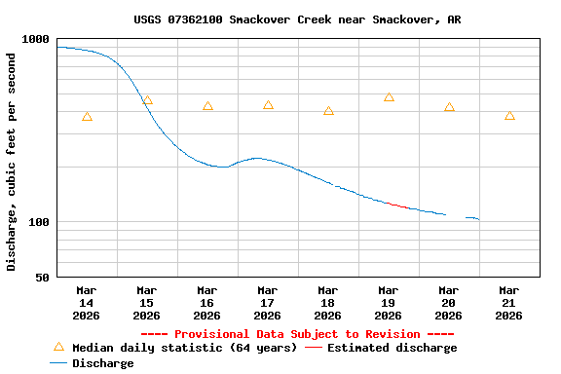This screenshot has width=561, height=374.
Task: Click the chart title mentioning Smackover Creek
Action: click(x=297, y=19)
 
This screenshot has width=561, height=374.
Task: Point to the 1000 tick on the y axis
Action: click(x=36, y=39)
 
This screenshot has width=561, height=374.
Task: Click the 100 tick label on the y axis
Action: click(x=39, y=222)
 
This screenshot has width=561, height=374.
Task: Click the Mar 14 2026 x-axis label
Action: click(x=87, y=303)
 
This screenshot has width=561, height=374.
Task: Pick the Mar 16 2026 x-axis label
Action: click(x=207, y=303)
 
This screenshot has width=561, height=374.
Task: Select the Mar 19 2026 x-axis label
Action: click(x=389, y=303)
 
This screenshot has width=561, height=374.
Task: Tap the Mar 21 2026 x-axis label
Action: click(x=509, y=303)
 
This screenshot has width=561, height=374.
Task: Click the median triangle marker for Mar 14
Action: click(x=87, y=117)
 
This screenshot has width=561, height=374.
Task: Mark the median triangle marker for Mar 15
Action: click(x=147, y=100)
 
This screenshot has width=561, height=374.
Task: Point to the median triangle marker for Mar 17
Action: click(x=268, y=105)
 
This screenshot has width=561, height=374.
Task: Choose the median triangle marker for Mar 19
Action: click(x=389, y=97)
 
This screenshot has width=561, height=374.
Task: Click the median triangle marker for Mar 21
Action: click(x=509, y=116)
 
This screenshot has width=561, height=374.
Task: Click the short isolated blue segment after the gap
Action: click(x=472, y=218)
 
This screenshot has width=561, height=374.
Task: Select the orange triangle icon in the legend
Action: click(x=58, y=347)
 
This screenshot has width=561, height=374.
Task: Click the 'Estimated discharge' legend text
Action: click(x=392, y=348)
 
